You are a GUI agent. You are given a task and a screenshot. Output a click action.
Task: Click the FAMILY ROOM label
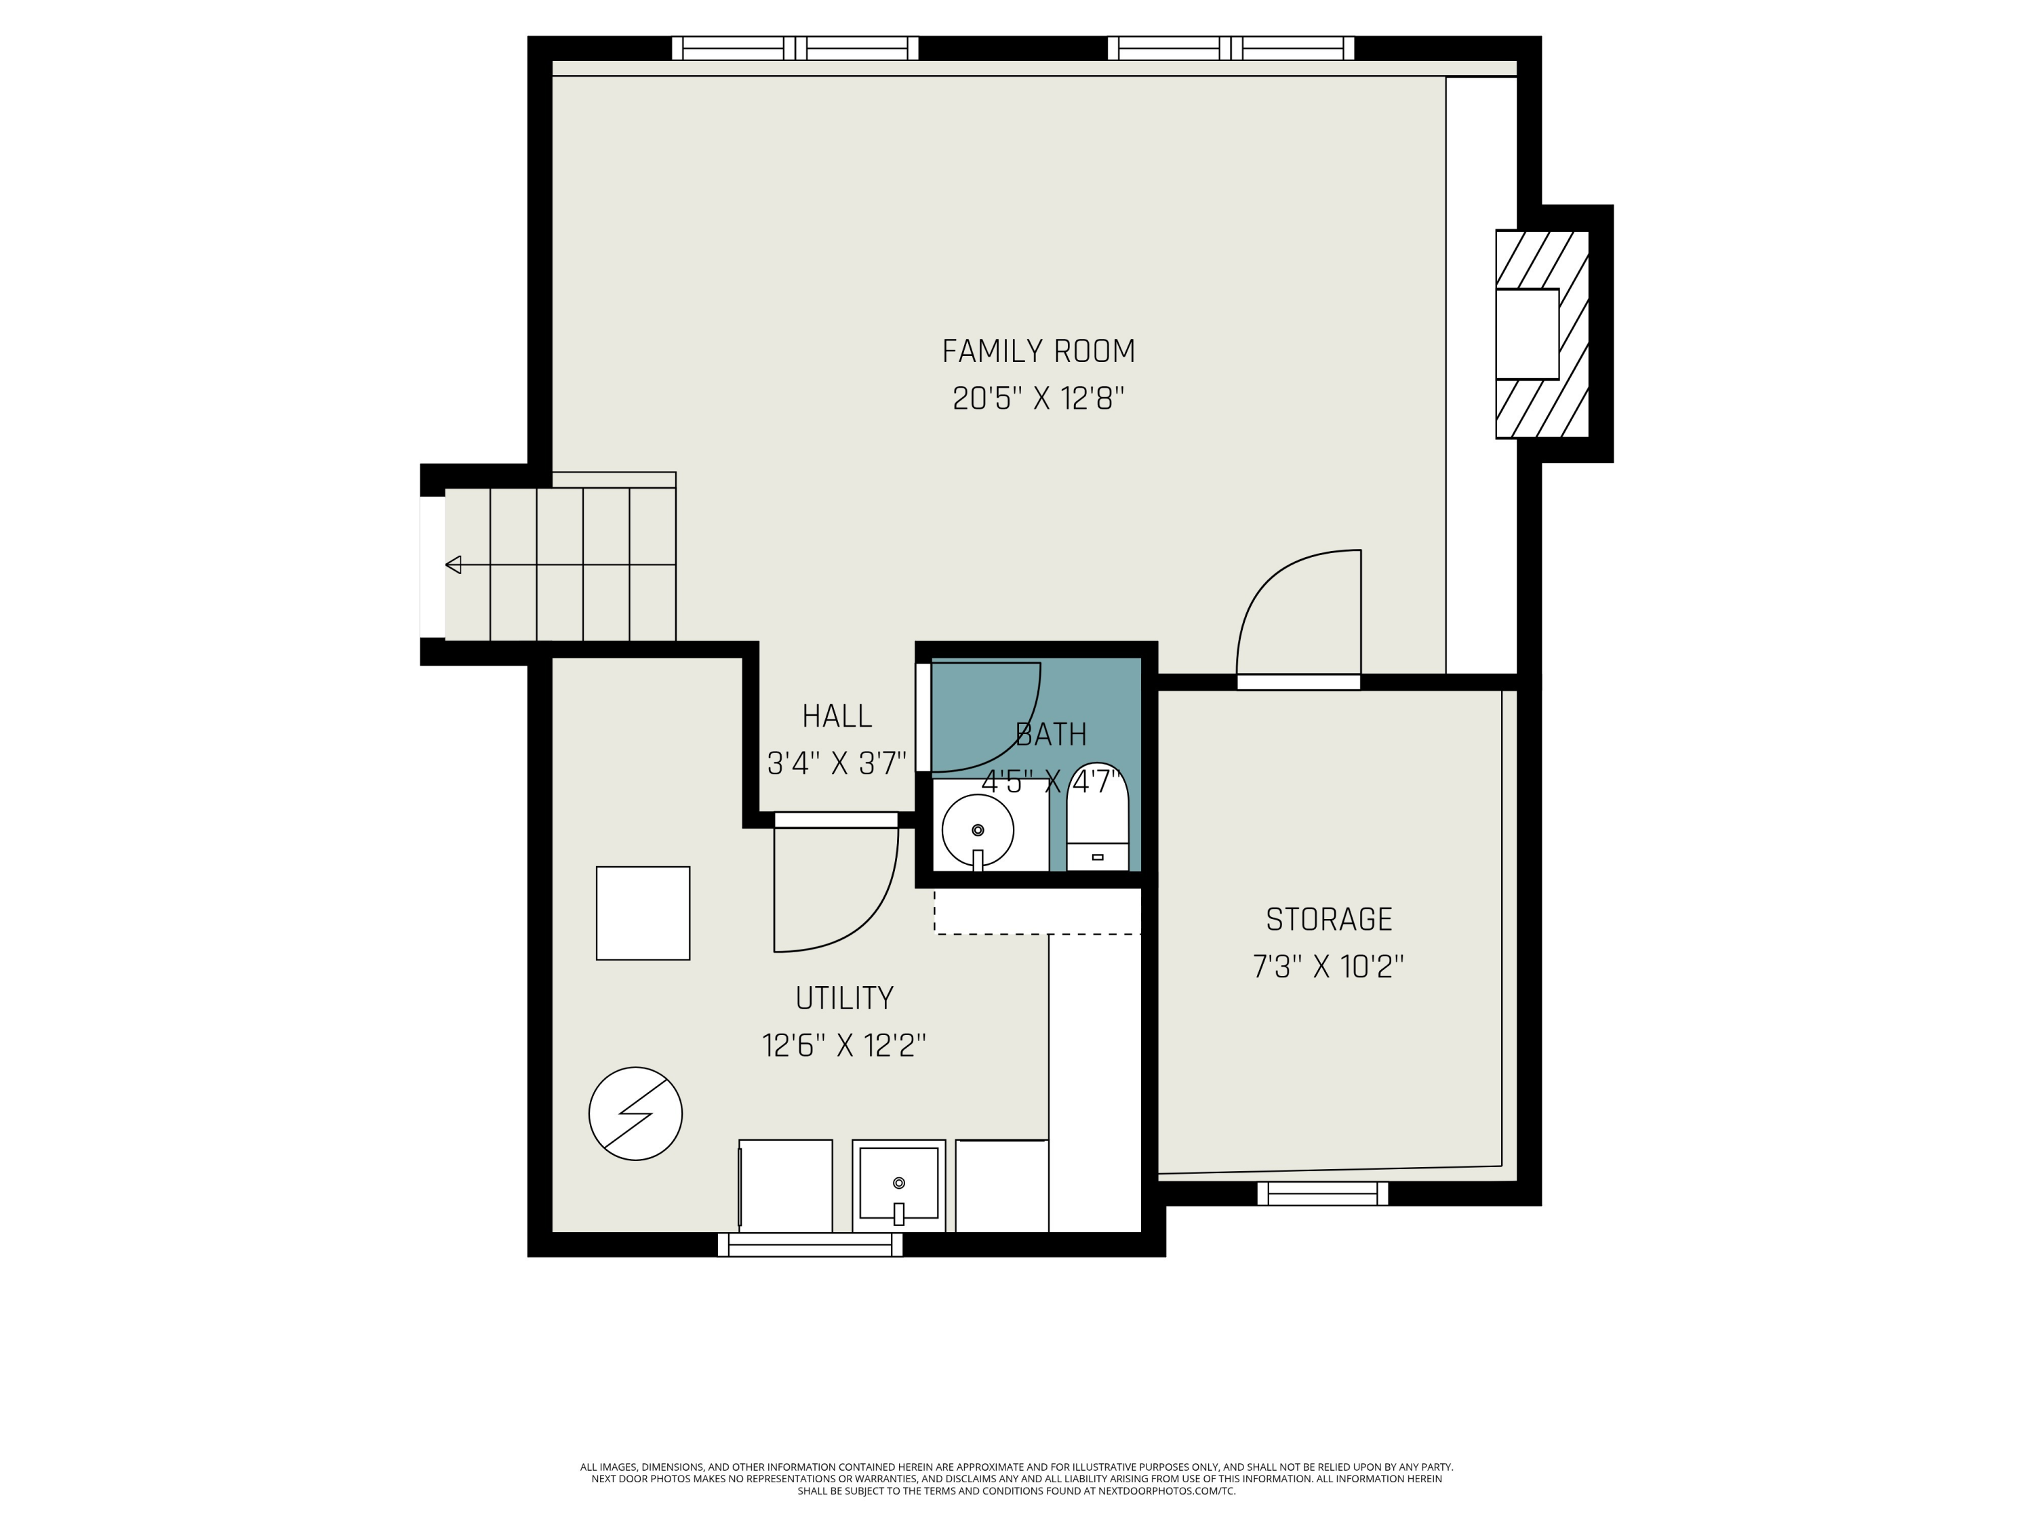(x=1038, y=351)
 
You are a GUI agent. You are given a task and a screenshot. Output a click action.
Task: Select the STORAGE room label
(x=1329, y=919)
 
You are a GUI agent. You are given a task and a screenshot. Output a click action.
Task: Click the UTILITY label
(x=844, y=998)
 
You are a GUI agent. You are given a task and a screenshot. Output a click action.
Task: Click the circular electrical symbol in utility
(x=635, y=1113)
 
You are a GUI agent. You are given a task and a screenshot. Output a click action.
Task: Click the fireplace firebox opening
(x=1526, y=333)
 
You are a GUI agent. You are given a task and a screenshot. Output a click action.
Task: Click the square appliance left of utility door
(x=643, y=913)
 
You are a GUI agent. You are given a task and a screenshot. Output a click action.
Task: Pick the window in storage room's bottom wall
(x=1322, y=1193)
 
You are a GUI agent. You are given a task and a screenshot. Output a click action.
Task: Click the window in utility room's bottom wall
(x=809, y=1244)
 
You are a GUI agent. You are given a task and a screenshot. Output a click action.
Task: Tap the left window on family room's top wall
(x=795, y=48)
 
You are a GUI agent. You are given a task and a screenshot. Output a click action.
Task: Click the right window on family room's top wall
(x=1231, y=48)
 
